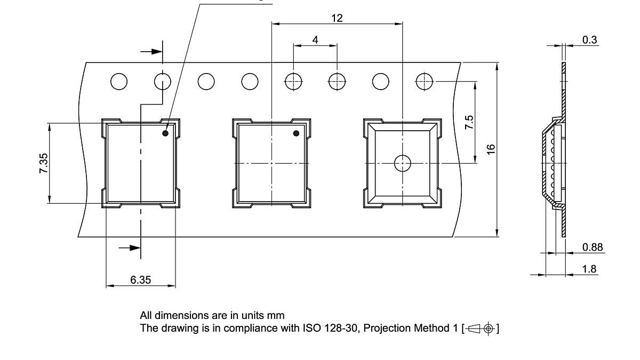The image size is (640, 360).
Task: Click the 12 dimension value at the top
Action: [x=337, y=18]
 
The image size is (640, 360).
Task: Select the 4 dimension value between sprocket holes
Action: [x=315, y=39]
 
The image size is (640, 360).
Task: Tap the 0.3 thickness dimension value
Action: [x=590, y=39]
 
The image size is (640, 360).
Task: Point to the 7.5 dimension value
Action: [x=469, y=122]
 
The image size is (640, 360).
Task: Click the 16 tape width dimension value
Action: [x=491, y=149]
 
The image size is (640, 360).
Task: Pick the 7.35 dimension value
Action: [x=44, y=163]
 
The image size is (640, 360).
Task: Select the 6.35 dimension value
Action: [x=141, y=279]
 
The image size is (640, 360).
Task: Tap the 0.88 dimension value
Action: [x=593, y=247]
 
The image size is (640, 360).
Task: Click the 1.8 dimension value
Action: [x=589, y=269]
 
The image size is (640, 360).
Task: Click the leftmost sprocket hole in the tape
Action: [x=119, y=82]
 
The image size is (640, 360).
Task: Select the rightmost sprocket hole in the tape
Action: [x=425, y=82]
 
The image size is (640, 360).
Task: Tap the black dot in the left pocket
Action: [x=165, y=133]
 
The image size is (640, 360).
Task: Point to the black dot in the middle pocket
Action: [x=297, y=133]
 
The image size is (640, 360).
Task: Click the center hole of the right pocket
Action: [x=402, y=163]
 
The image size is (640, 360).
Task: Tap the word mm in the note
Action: [x=276, y=315]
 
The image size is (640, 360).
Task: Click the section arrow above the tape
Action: [x=151, y=52]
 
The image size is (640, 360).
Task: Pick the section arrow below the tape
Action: [x=130, y=247]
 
